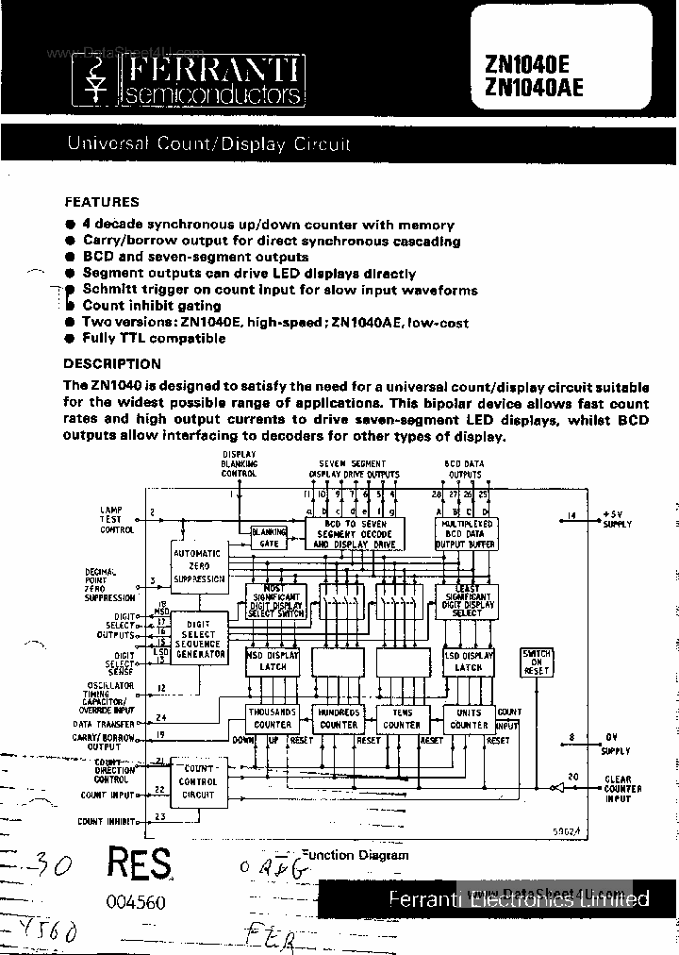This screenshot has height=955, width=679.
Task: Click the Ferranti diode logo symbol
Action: coord(94,82)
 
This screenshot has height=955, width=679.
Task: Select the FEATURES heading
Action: coord(101,201)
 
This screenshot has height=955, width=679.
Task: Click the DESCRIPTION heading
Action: coord(111,363)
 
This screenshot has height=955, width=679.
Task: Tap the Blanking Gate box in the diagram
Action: coord(269,537)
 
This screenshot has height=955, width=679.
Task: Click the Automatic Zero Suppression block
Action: coord(198,566)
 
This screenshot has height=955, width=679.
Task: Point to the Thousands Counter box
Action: coord(272,718)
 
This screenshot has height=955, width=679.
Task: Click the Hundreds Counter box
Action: coord(339,718)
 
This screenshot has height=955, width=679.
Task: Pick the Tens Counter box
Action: coord(402,718)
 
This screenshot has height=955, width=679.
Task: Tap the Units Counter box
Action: coord(469,718)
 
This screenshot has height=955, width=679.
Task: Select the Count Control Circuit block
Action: coord(198,782)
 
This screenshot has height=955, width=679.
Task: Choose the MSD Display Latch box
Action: coord(272,661)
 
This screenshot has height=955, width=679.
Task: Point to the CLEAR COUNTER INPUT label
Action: coord(622,789)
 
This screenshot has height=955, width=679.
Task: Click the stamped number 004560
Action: coord(135,902)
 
